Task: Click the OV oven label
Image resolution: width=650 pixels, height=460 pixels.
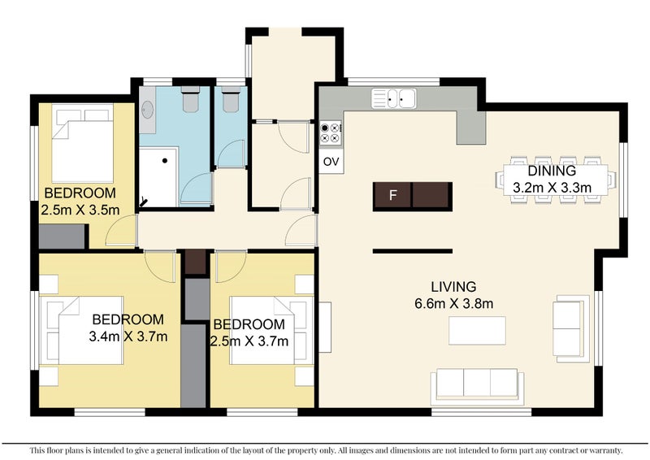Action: pos(331,162)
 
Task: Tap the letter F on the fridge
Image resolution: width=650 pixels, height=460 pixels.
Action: pos(393,194)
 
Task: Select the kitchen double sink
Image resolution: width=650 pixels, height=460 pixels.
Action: pos(393,98)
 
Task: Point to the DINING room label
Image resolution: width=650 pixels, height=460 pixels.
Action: pos(552,171)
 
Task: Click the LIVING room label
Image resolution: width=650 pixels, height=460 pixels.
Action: pos(453,287)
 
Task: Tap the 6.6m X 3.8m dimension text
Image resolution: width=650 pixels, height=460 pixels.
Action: pos(454,304)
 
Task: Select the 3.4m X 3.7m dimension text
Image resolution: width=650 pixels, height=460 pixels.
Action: pos(128,336)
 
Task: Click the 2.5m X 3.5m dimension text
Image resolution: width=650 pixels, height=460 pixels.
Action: pos(80,210)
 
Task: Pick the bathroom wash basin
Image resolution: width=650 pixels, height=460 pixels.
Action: pos(147,110)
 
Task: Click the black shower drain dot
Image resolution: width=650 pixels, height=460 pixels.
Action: pos(165,161)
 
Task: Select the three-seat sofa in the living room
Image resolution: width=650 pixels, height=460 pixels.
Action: pos(477,386)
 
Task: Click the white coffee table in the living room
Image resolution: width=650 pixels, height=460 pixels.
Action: pos(477,331)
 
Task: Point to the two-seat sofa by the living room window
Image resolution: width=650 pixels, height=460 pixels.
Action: pos(570,328)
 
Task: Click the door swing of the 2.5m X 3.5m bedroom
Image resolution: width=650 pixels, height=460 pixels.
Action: pos(121,231)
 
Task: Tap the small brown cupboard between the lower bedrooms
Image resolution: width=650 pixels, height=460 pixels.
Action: pos(195,263)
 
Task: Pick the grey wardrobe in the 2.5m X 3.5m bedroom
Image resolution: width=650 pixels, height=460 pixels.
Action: pos(63,237)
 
